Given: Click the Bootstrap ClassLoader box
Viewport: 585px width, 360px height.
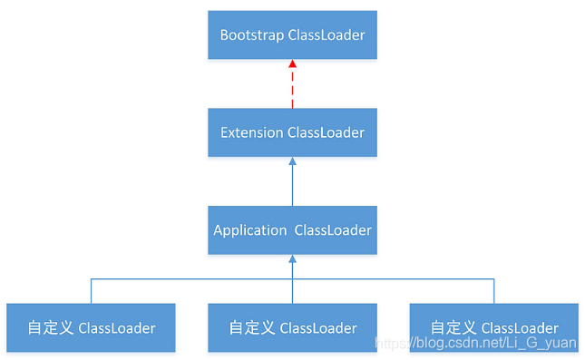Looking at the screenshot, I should point(292,35).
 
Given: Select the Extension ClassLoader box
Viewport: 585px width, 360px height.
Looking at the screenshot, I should point(292,132).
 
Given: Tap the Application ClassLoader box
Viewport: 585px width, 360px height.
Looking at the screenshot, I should point(292,230).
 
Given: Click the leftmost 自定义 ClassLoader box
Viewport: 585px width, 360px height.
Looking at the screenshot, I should point(91,327).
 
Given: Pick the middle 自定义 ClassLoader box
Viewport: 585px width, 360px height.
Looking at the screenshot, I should point(292,327).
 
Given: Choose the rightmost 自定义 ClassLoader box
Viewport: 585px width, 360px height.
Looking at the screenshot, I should point(493,327).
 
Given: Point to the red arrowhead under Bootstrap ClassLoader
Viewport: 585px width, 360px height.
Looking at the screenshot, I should point(292,65).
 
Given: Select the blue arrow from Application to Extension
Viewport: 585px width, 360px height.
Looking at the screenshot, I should point(292,185).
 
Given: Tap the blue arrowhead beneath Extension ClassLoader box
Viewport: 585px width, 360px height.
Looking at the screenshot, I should point(292,162).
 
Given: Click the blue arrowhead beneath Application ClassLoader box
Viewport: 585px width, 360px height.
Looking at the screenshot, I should point(292,260).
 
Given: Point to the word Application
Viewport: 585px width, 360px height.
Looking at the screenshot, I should point(249,230).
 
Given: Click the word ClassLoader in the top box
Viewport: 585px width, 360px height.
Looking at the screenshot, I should point(327,35).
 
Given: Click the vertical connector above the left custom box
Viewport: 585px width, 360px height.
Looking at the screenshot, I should point(91,291).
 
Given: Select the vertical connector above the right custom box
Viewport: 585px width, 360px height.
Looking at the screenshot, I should point(493,291).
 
